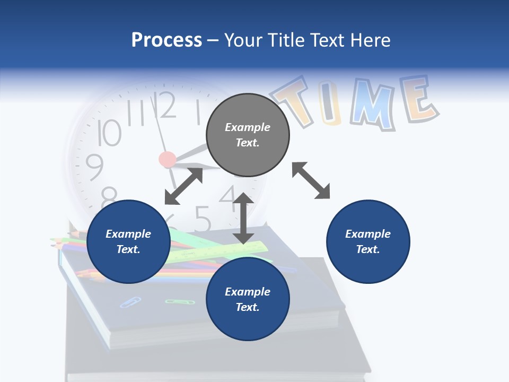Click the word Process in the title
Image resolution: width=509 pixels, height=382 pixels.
tap(166, 40)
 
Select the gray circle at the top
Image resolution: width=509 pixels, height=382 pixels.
tap(248, 135)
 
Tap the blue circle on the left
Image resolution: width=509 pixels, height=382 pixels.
tap(128, 241)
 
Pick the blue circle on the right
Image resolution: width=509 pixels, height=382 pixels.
tap(368, 241)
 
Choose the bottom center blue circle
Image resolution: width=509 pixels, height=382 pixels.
tap(248, 299)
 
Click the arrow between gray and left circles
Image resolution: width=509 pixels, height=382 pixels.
tap(183, 186)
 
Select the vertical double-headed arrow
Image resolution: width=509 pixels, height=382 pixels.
tap(243, 219)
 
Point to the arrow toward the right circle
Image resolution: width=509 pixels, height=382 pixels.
tap(311, 181)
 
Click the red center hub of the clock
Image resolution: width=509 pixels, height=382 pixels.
tap(168, 159)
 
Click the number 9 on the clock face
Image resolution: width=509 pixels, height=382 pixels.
tap(95, 167)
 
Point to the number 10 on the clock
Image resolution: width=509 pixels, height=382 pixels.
tap(109, 133)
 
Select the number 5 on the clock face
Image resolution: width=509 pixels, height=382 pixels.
tap(202, 217)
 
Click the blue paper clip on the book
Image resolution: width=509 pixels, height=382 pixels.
tap(130, 302)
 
